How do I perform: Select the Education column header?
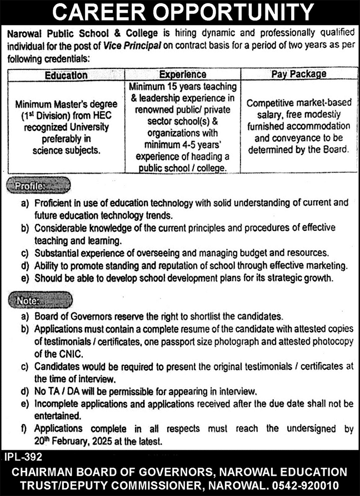pyautogui.click(x=66, y=75)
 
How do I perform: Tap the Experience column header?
pyautogui.click(x=183, y=75)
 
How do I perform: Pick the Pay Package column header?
pyautogui.click(x=298, y=74)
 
